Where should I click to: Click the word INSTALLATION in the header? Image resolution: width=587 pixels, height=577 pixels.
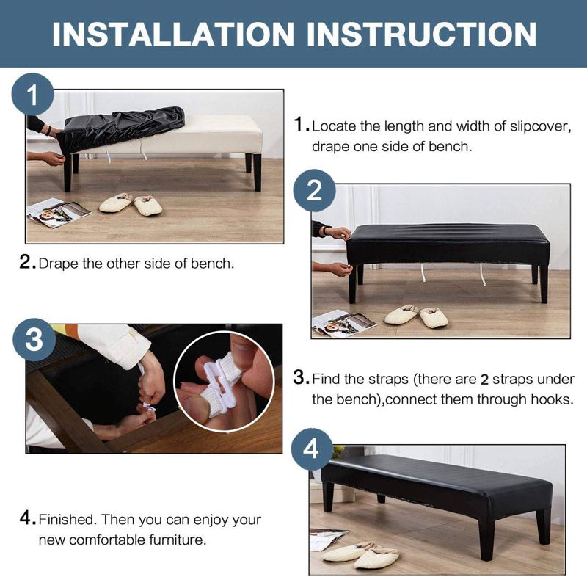pyautogui.click(x=173, y=34)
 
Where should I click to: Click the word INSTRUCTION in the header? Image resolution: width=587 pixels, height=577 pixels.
pyautogui.click(x=422, y=34)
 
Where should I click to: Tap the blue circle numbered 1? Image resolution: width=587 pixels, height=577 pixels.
pyautogui.click(x=33, y=95)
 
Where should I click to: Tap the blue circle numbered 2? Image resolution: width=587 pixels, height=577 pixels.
pyautogui.click(x=314, y=191)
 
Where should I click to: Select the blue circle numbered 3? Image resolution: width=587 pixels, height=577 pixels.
pyautogui.click(x=34, y=340)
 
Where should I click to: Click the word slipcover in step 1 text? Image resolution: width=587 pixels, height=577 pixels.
pyautogui.click(x=541, y=126)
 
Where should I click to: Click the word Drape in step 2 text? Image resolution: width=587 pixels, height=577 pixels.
pyautogui.click(x=59, y=264)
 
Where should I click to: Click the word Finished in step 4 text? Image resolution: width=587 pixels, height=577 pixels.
pyautogui.click(x=68, y=520)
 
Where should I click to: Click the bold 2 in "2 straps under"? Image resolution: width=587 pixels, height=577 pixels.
pyautogui.click(x=484, y=380)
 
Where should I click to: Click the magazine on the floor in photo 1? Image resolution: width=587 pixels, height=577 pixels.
pyautogui.click(x=59, y=214)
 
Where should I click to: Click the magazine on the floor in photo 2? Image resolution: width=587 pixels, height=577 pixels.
pyautogui.click(x=344, y=322)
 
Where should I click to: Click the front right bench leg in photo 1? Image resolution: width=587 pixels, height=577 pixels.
pyautogui.click(x=258, y=172)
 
